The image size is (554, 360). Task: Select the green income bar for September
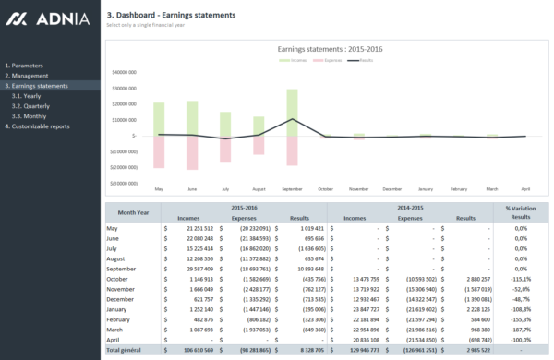[292, 113]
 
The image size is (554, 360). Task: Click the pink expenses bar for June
[192, 152]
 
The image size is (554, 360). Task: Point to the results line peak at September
[292, 119]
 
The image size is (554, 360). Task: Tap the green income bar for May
[159, 119]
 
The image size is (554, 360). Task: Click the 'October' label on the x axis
[325, 188]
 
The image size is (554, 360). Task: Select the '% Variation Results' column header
[521, 212]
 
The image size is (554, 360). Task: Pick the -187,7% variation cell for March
[521, 329]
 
